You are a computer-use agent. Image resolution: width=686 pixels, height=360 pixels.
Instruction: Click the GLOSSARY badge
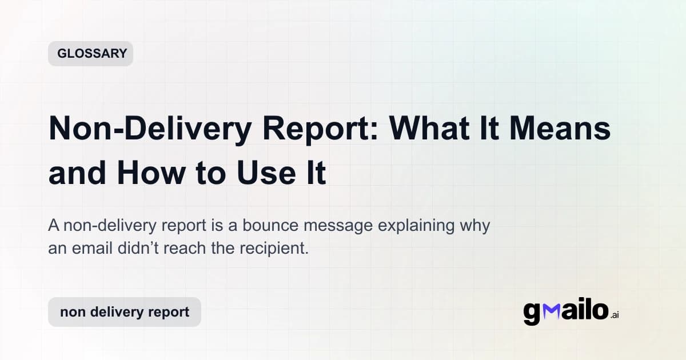pyautogui.click(x=90, y=54)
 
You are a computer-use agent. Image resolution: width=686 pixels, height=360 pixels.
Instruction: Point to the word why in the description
pyautogui.click(x=474, y=226)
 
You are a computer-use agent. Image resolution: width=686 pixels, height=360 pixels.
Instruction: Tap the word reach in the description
pyautogui.click(x=185, y=249)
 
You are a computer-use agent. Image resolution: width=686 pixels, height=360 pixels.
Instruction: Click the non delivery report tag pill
pyautogui.click(x=125, y=312)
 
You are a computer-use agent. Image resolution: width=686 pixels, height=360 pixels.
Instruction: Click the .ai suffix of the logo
pyautogui.click(x=614, y=315)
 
